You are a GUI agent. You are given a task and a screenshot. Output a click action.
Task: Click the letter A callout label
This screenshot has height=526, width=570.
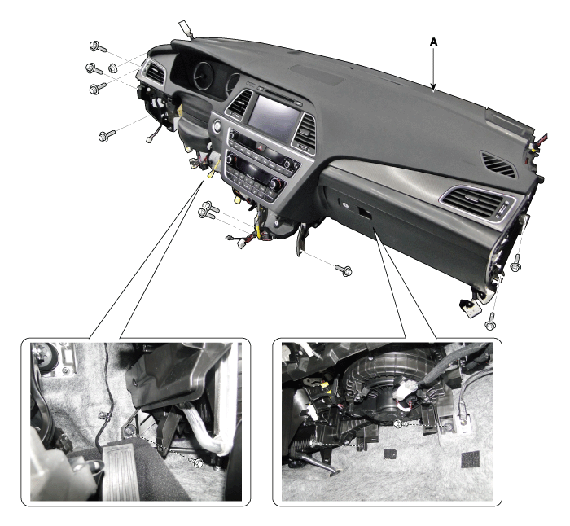click(x=433, y=42)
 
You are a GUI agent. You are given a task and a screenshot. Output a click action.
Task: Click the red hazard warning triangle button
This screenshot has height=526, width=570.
click(x=261, y=147)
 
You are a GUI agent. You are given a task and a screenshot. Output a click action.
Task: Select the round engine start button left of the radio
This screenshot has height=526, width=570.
click(x=217, y=126)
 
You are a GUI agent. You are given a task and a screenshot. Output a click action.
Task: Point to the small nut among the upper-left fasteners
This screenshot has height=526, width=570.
click(x=112, y=68)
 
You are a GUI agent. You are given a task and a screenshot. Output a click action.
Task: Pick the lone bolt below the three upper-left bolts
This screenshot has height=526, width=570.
click(x=106, y=136)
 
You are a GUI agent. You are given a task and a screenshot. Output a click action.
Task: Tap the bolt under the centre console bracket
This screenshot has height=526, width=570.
click(x=344, y=270)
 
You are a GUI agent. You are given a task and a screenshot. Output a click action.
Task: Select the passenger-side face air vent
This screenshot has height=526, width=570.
click(x=478, y=204)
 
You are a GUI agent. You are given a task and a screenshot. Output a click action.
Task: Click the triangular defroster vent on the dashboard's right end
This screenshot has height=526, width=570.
click(x=498, y=164)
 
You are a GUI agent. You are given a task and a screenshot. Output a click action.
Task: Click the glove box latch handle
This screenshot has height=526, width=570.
click(x=365, y=213)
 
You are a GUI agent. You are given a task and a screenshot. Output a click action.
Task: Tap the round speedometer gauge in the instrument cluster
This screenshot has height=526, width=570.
click(x=204, y=77)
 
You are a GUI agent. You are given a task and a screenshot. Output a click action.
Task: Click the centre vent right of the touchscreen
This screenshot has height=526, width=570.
click(x=305, y=132)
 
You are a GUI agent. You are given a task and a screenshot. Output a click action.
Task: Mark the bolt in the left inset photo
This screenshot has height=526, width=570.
click(x=199, y=462)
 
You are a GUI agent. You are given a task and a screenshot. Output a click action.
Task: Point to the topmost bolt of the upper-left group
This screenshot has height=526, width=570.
click(x=98, y=46)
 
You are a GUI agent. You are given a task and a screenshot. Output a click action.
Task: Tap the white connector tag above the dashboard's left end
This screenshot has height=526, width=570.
click(x=185, y=29)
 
